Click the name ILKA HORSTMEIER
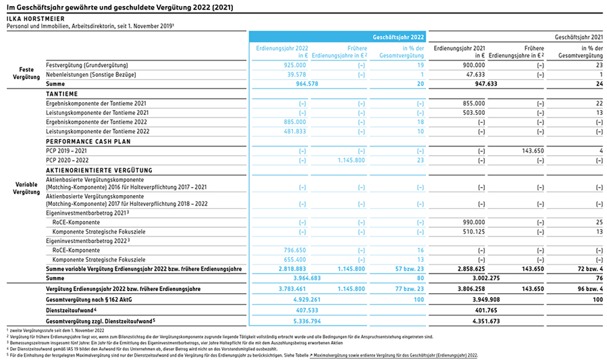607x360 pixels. pyautogui.click(x=36, y=19)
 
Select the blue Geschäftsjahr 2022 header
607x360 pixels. pyautogui.click(x=398, y=37)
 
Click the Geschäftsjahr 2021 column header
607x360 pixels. pyautogui.click(x=579, y=37)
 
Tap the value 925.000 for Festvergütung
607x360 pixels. pyautogui.click(x=294, y=65)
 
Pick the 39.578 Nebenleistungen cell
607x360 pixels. pyautogui.click(x=296, y=74)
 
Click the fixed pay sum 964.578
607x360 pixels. pyautogui.click(x=307, y=84)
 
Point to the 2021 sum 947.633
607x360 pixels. pyautogui.click(x=486, y=84)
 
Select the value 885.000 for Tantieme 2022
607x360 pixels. pyautogui.click(x=294, y=122)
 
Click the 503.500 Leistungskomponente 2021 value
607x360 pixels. pyautogui.click(x=473, y=113)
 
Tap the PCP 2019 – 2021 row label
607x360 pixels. pyautogui.click(x=66, y=151)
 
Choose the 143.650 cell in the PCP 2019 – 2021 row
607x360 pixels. pyautogui.click(x=533, y=151)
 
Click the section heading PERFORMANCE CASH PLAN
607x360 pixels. pyautogui.click(x=88, y=141)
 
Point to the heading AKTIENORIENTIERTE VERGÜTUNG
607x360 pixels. pyautogui.click(x=99, y=170)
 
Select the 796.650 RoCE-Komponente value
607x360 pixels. pyautogui.click(x=294, y=251)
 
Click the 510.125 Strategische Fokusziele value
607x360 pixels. pyautogui.click(x=473, y=232)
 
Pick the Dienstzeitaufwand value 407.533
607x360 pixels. pyautogui.click(x=307, y=311)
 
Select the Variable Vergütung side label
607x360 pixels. pyautogui.click(x=26, y=188)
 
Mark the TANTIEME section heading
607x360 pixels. pyautogui.click(x=62, y=94)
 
